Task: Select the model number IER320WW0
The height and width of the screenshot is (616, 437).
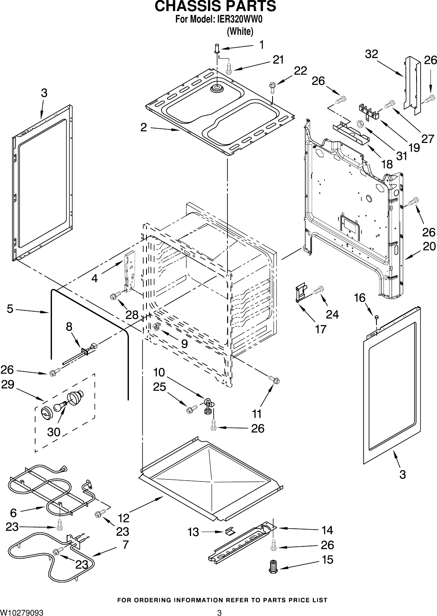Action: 239,19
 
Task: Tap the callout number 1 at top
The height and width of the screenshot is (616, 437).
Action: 261,45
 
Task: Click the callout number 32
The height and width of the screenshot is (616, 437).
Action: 371,54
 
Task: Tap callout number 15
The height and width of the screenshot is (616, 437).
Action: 327,559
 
